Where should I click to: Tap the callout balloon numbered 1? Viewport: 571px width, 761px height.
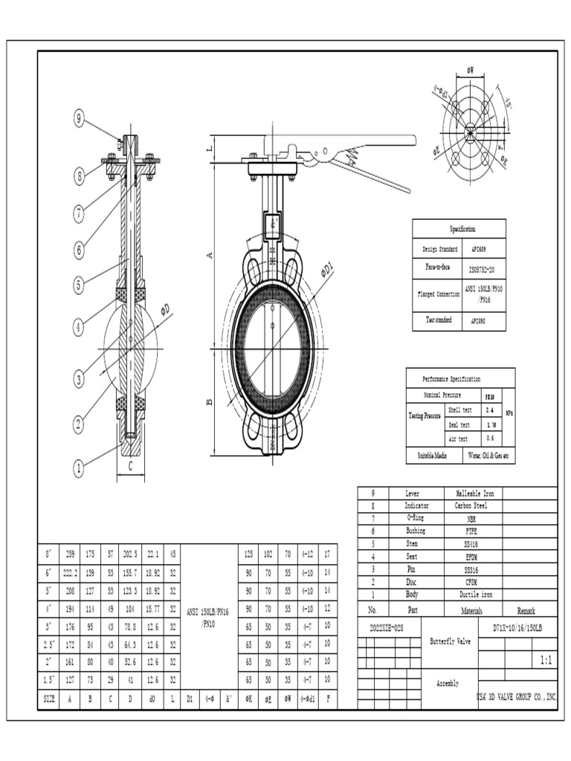tap(78, 468)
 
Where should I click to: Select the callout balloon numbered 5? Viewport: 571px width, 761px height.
tap(79, 284)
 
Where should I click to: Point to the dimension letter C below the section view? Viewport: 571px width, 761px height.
tap(130, 467)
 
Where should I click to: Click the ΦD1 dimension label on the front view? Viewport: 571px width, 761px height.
tap(328, 271)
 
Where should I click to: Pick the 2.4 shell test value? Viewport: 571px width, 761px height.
tap(489, 409)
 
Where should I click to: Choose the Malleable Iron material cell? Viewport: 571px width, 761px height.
tap(474, 493)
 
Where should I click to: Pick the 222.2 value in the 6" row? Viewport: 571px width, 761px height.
tap(70, 572)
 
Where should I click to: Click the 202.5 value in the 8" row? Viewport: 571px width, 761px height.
tap(131, 554)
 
